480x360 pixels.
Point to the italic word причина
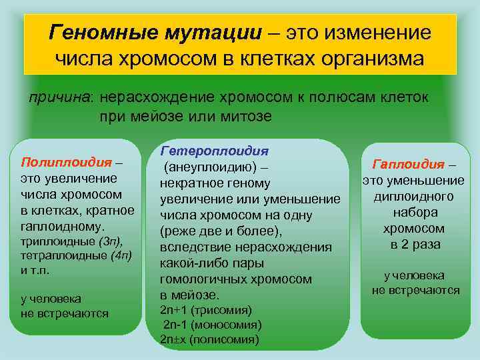point(62,97)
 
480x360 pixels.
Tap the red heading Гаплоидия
point(408,164)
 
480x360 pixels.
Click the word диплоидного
point(413,196)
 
